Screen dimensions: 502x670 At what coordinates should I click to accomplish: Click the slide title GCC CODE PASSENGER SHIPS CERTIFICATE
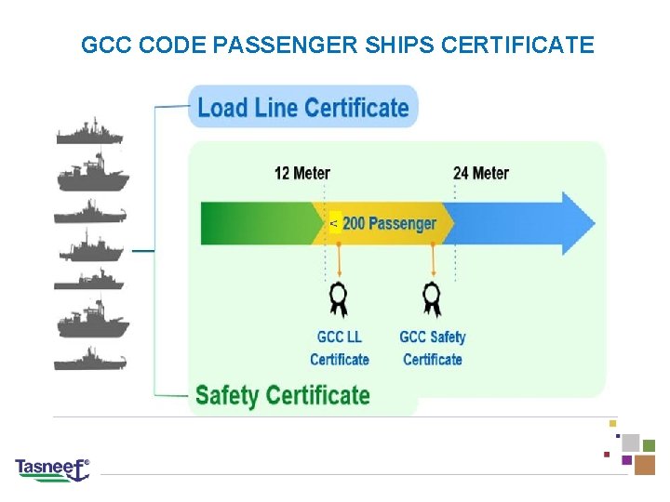click(x=337, y=45)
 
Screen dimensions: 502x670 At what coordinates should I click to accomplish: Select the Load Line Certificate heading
click(x=303, y=108)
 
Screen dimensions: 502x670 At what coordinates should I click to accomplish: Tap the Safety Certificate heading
click(x=282, y=396)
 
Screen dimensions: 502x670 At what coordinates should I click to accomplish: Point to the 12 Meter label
click(x=301, y=173)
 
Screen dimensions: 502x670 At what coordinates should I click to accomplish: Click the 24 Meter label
click(x=481, y=173)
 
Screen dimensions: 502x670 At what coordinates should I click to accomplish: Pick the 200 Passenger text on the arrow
click(x=389, y=224)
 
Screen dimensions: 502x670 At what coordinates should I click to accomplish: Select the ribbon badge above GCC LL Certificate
click(x=339, y=299)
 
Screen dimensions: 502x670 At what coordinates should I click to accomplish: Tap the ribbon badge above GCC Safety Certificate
click(x=432, y=299)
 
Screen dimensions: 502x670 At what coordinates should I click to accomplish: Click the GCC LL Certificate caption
click(x=339, y=348)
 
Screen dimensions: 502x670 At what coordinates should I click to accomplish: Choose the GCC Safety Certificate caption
click(x=433, y=348)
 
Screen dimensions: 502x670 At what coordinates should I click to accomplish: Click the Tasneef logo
click(x=52, y=469)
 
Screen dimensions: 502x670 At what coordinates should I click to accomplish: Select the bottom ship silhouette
click(x=89, y=359)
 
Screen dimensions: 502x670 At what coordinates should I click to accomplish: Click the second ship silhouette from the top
click(x=90, y=173)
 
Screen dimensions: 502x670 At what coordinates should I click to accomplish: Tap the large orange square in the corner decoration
click(x=645, y=464)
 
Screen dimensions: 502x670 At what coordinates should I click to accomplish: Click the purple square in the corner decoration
click(x=626, y=459)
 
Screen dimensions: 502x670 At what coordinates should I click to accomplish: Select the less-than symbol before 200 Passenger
click(x=334, y=224)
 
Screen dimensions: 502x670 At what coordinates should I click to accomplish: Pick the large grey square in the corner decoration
click(x=630, y=443)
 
